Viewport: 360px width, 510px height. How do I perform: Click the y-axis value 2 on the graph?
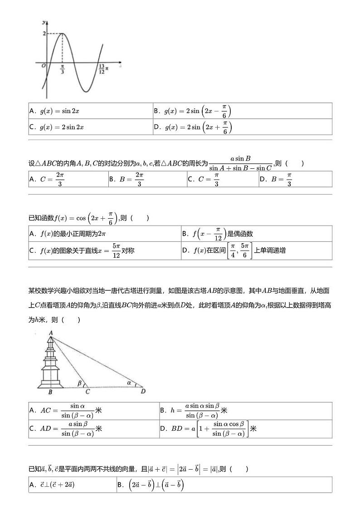pyautogui.click(x=44, y=34)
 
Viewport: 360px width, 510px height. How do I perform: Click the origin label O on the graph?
pyautogui.click(x=43, y=66)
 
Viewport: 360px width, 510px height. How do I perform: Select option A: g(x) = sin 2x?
pyautogui.click(x=54, y=111)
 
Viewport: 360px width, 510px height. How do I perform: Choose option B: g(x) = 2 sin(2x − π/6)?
pyautogui.click(x=193, y=111)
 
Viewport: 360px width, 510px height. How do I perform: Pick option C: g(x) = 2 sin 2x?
pyautogui.click(x=57, y=127)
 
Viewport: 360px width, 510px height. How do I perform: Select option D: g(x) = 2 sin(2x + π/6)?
pyautogui.click(x=193, y=127)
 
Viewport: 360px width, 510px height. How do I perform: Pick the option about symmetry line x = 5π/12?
pyautogui.click(x=82, y=250)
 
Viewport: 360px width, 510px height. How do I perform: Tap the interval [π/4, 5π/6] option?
pyautogui.click(x=234, y=250)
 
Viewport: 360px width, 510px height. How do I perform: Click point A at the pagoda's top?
pyautogui.click(x=51, y=333)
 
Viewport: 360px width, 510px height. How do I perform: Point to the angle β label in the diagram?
pyautogui.click(x=80, y=383)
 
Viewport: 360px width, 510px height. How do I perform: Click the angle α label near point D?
pyautogui.click(x=129, y=382)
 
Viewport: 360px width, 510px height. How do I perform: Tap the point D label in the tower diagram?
pyautogui.click(x=143, y=391)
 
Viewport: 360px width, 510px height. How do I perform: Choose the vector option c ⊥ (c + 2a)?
pyautogui.click(x=52, y=485)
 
